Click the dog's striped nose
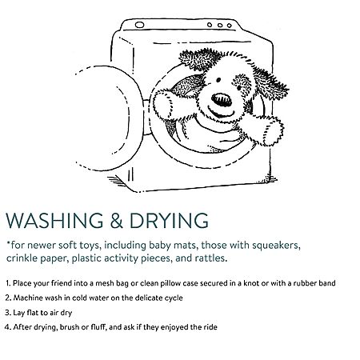222,100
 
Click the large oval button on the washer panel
139,25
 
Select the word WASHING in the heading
54,221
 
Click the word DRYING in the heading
169,221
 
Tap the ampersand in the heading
117,221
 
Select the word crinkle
22,258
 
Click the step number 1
8,283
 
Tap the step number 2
8,298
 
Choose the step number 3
8,313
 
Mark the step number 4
8,327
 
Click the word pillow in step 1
170,283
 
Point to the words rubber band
314,283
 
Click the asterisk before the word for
9,242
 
